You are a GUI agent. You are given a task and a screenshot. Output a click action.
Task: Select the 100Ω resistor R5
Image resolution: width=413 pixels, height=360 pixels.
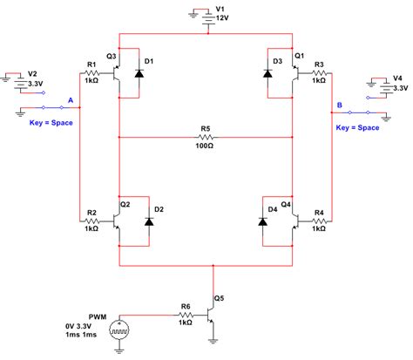206,138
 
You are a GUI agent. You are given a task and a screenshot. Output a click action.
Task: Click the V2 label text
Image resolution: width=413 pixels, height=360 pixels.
33,73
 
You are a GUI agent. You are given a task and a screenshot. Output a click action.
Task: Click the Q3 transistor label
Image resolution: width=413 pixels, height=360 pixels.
112,58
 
